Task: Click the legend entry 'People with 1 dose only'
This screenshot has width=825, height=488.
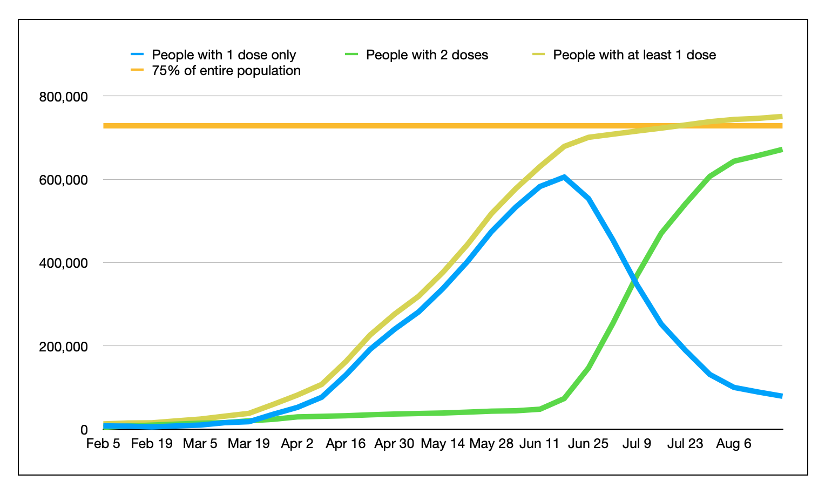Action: coord(224,55)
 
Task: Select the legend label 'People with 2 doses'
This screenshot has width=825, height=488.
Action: coord(427,55)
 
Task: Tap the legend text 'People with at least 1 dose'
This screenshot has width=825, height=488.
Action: coord(634,55)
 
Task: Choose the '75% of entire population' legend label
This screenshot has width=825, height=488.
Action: coord(226,70)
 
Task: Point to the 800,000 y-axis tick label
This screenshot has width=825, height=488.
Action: coord(63,97)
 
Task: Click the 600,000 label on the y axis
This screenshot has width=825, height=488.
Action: coord(63,180)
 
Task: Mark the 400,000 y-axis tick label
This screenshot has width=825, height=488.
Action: coord(63,263)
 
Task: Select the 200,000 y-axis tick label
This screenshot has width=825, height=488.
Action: coord(63,347)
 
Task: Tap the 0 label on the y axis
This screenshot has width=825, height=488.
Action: coord(84,430)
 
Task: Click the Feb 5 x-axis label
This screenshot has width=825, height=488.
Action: coord(103,444)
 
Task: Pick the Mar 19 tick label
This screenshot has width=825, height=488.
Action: coord(248,444)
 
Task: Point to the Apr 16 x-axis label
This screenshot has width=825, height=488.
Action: coord(346,444)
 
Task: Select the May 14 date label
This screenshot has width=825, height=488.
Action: coord(443,444)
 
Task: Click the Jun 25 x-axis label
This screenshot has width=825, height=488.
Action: coord(588,444)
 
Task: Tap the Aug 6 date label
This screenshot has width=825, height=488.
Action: coord(733,444)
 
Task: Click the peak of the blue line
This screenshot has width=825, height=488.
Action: coord(564,177)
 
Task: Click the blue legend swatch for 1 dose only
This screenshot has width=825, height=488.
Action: coord(137,55)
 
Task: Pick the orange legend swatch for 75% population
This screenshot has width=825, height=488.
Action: coord(137,70)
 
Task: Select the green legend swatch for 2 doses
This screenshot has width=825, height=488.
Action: coord(351,55)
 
